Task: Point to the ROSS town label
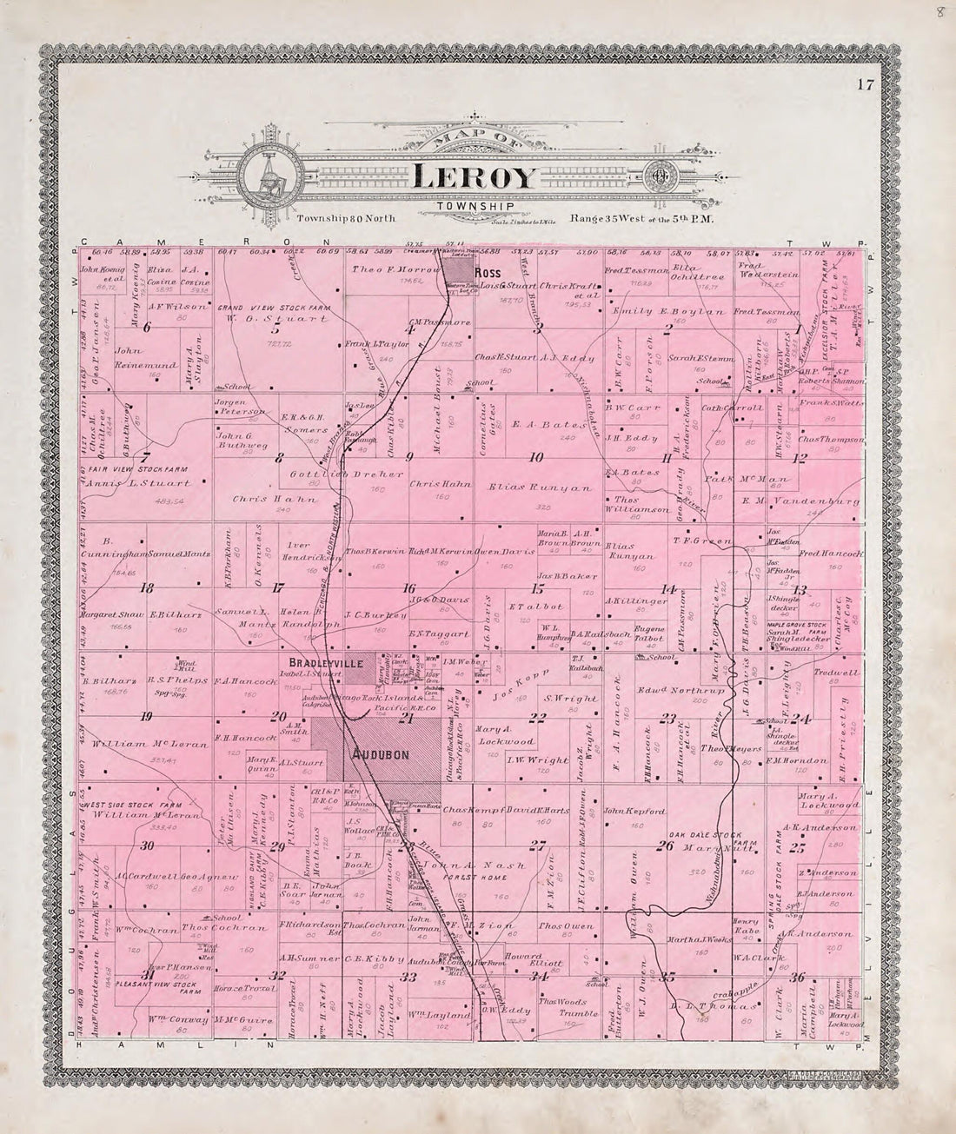pyautogui.click(x=485, y=270)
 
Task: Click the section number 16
pyautogui.click(x=408, y=588)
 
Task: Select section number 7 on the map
pyautogui.click(x=146, y=456)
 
